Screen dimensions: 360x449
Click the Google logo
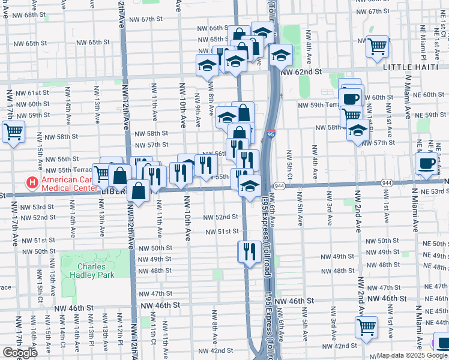point(20,353)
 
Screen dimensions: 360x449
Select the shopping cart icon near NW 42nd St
point(366,327)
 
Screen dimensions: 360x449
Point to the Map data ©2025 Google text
point(412,355)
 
